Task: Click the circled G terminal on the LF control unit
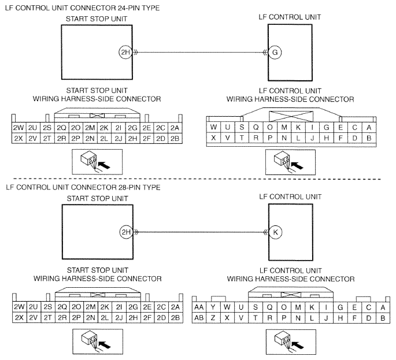tap(275, 53)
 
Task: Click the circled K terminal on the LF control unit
tap(275, 232)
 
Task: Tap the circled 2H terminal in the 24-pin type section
tap(125, 53)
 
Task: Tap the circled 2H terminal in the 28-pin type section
tap(126, 232)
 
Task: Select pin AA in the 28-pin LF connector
tap(199, 307)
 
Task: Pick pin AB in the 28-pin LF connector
tap(199, 318)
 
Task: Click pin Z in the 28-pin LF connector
tap(213, 318)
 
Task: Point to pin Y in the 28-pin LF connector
tap(213, 307)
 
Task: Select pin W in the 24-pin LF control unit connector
tap(213, 127)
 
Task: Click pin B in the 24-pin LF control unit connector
tap(369, 138)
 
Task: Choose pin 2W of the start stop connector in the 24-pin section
tap(18, 128)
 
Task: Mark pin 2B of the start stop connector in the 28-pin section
tap(175, 318)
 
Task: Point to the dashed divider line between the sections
tap(197, 179)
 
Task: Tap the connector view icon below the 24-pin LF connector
tap(290, 162)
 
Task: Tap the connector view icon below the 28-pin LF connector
tap(291, 342)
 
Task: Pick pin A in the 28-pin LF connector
tap(383, 307)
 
